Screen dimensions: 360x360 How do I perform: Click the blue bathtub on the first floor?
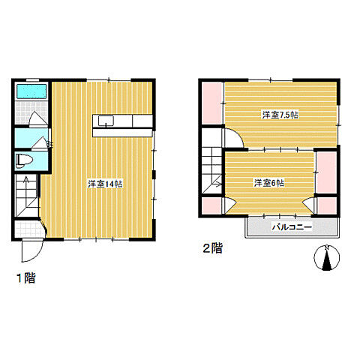31,91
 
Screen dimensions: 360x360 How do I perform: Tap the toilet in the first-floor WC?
24,160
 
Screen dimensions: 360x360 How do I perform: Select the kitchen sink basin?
106,121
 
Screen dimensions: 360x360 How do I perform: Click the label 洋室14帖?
105,184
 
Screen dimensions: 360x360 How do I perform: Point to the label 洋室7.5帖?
280,115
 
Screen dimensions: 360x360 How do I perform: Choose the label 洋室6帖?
269,183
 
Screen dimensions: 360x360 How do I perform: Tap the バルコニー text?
292,227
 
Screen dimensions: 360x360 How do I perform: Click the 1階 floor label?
26,278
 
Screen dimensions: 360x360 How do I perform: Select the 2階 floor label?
212,248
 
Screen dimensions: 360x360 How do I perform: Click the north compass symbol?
326,258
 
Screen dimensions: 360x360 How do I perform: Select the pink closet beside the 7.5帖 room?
212,103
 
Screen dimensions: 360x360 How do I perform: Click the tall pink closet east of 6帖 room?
326,172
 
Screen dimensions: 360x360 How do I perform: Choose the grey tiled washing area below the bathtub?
31,112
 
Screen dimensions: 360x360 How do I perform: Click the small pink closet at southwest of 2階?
211,205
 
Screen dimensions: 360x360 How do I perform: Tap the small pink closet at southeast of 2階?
327,205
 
